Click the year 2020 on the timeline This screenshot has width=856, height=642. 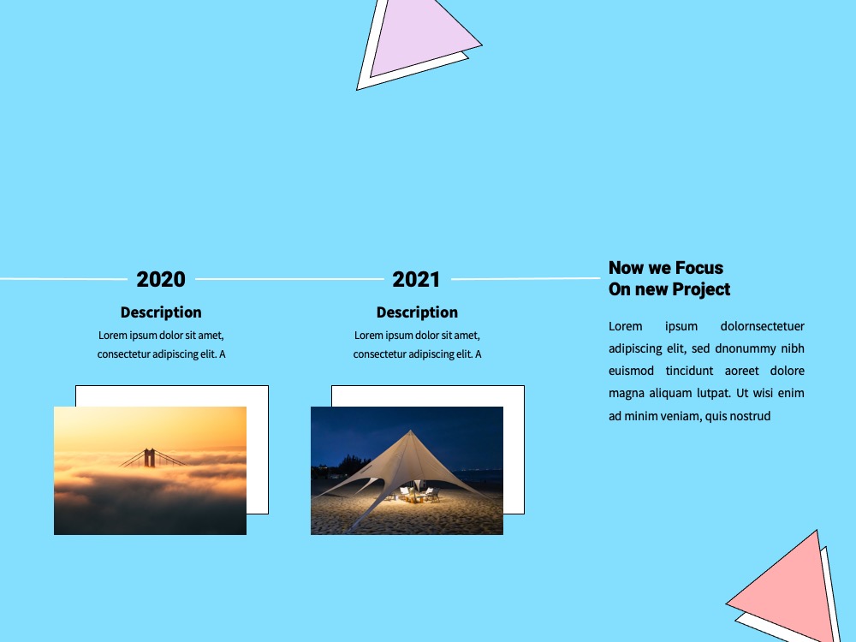tap(161, 280)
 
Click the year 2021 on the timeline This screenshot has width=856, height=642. tap(417, 280)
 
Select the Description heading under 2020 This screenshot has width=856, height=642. tap(161, 312)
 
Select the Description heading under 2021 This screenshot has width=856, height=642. tap(417, 312)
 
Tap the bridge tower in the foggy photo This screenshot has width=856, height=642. tap(149, 457)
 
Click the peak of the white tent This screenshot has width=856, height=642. tap(411, 431)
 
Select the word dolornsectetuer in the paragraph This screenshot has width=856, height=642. tap(762, 326)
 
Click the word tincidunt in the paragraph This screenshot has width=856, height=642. tap(689, 372)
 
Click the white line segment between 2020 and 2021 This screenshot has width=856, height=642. tap(289, 279)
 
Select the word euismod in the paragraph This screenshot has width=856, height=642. tap(631, 372)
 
